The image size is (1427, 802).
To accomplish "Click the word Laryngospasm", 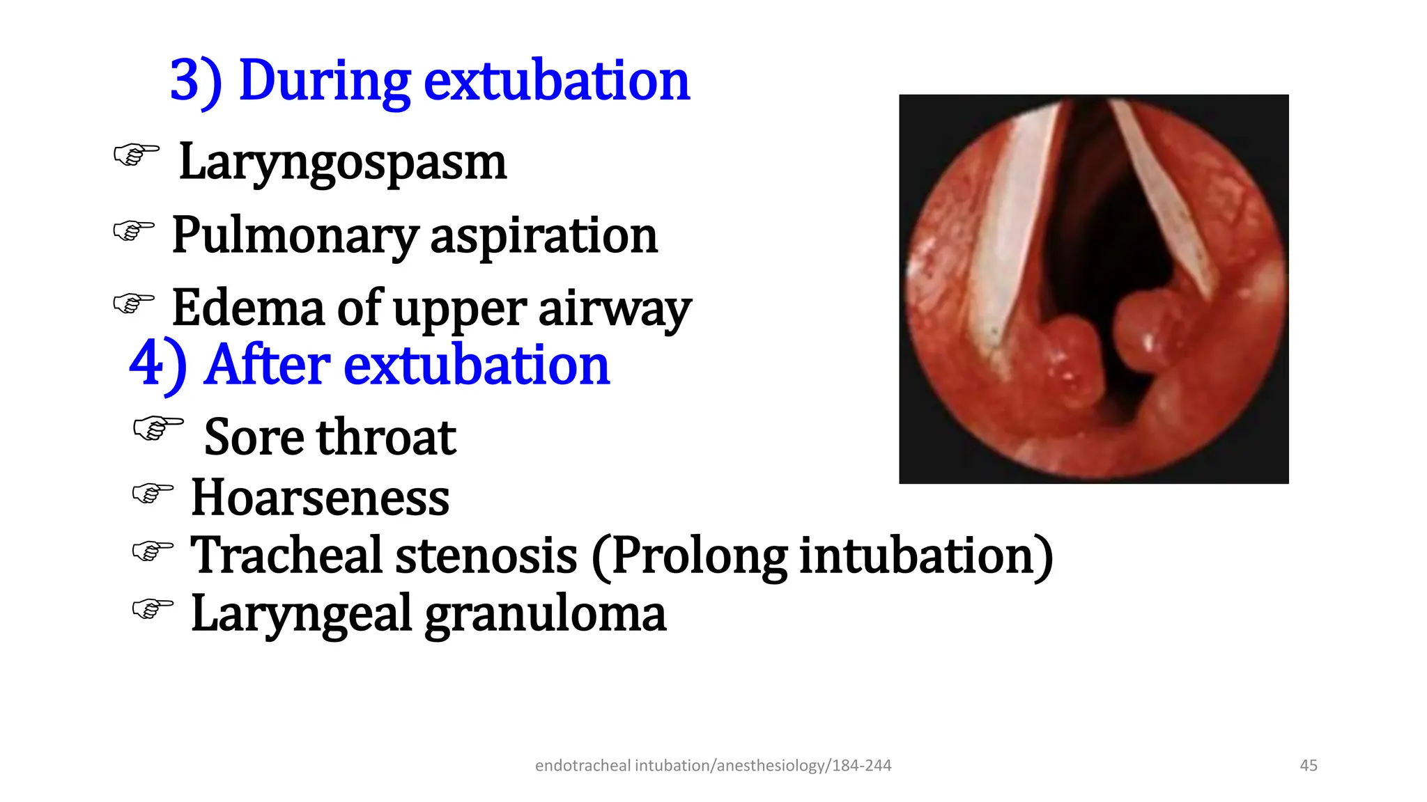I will pyautogui.click(x=342, y=162).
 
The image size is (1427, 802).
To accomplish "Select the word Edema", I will pyautogui.click(x=248, y=308).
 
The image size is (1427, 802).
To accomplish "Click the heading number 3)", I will pyautogui.click(x=196, y=81).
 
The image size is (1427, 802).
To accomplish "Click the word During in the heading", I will pyautogui.click(x=324, y=81).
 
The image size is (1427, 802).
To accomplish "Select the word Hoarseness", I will pyautogui.click(x=320, y=498).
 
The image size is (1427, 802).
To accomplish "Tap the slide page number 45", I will pyautogui.click(x=1309, y=765).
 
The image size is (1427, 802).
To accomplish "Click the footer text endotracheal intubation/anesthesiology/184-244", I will pyautogui.click(x=713, y=765).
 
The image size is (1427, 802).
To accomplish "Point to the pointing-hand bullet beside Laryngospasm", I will pyautogui.click(x=136, y=154).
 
